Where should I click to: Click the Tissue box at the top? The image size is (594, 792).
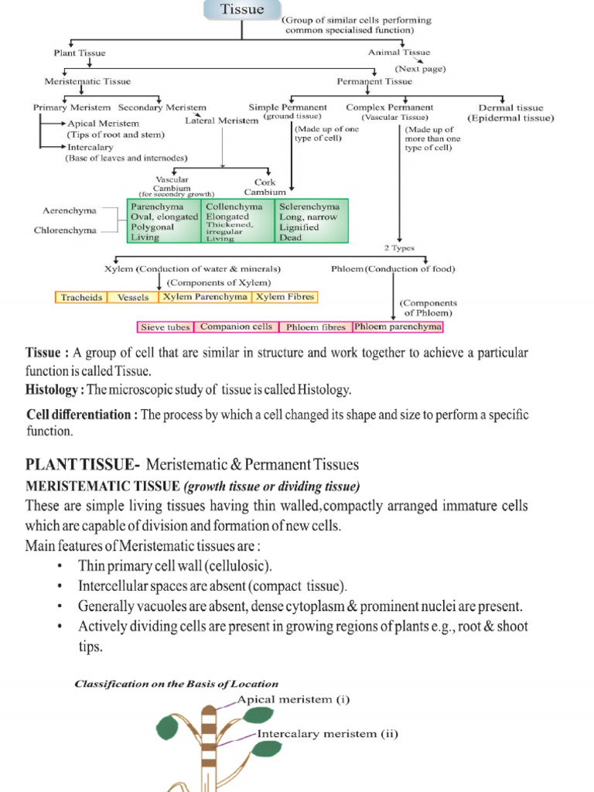[242, 10]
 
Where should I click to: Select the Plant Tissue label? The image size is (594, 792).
[80, 53]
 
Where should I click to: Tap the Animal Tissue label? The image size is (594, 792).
[399, 53]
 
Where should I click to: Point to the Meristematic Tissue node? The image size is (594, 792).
[87, 81]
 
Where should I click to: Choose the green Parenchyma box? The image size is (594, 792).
[162, 222]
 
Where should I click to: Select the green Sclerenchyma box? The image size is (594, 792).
[312, 222]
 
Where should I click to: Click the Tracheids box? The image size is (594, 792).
[82, 297]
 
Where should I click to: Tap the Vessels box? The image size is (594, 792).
[133, 297]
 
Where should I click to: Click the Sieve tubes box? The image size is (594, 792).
[166, 327]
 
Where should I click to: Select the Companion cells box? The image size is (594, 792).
[236, 327]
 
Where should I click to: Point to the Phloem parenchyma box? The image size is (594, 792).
[398, 327]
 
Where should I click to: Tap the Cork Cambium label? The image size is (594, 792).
[265, 186]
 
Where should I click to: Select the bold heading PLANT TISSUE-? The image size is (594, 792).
[83, 465]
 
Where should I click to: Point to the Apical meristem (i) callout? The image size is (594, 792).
[293, 701]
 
